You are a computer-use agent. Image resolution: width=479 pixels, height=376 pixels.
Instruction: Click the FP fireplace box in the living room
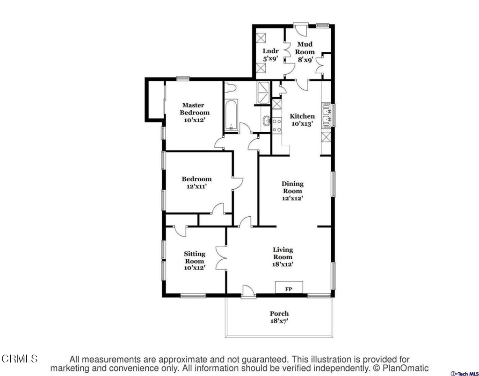289,287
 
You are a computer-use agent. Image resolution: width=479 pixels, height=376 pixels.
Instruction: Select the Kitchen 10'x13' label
302,120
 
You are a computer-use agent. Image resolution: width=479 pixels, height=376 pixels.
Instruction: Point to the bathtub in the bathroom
231,115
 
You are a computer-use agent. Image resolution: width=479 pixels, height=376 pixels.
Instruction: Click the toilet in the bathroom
230,88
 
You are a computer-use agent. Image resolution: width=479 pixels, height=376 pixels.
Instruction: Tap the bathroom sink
267,121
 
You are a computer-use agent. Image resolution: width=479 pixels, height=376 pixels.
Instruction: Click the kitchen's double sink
327,115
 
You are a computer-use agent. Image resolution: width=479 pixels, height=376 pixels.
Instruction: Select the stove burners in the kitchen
277,126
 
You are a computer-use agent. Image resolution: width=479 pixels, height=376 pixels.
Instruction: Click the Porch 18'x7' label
279,317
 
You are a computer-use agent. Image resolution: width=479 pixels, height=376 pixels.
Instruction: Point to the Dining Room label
293,191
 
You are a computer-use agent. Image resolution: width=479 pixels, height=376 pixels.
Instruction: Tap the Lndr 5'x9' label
270,55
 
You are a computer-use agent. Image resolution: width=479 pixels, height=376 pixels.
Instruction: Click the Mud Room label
305,52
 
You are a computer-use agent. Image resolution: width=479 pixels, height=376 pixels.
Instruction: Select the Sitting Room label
195,261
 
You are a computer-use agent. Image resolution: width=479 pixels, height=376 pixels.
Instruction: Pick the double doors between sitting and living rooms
221,258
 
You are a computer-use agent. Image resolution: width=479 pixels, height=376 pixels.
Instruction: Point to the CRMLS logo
20,359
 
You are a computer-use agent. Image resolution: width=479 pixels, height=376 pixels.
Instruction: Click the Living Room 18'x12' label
283,257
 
